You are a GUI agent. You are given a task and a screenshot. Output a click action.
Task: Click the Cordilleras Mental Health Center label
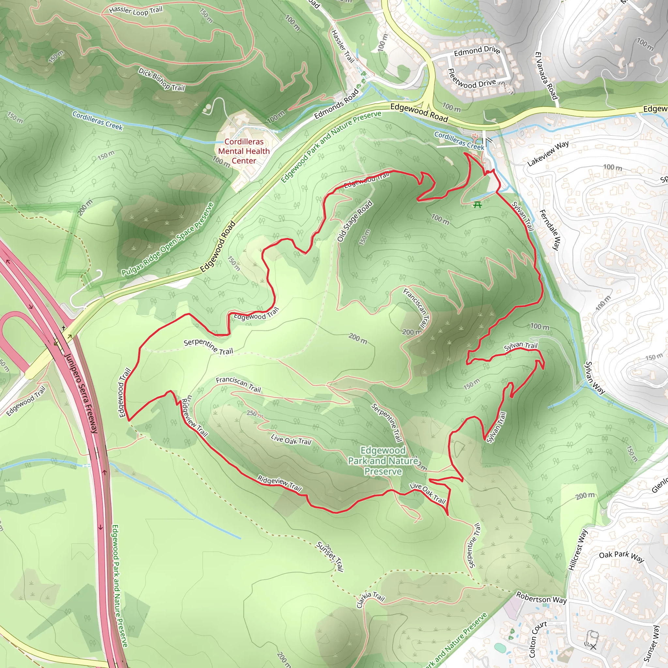pyautogui.click(x=244, y=151)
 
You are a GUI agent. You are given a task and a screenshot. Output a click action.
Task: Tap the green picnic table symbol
pyautogui.click(x=478, y=205)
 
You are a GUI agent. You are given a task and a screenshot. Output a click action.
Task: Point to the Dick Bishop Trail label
pyautogui.click(x=161, y=79)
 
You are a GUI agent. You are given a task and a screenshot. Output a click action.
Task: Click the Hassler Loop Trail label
pyautogui.click(x=136, y=11)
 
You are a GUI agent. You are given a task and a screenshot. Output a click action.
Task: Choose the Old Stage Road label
pyautogui.click(x=355, y=221)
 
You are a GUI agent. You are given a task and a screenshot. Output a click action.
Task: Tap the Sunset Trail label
pyautogui.click(x=330, y=556)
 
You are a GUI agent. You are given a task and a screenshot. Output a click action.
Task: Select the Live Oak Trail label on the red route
pyautogui.click(x=427, y=493)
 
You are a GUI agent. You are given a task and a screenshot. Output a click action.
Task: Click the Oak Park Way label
pyautogui.click(x=621, y=557)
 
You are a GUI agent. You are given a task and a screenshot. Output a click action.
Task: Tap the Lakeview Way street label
pyautogui.click(x=548, y=154)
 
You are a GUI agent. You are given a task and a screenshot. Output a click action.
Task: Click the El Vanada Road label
pyautogui.click(x=547, y=76)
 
